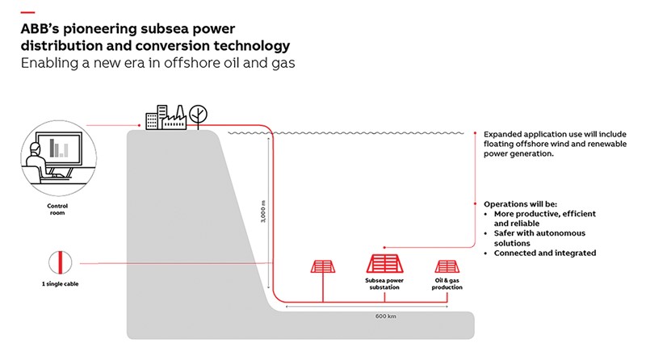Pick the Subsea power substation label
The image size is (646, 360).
pyautogui.click(x=384, y=286)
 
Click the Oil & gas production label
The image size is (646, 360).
pyautogui.click(x=447, y=286)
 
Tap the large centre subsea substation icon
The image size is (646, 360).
pyautogui.click(x=384, y=264)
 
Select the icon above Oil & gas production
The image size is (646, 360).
pyautogui.click(x=447, y=266)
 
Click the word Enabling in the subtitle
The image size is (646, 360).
pyautogui.click(x=51, y=62)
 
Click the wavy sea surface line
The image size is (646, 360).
pyautogui.click(x=347, y=132)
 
